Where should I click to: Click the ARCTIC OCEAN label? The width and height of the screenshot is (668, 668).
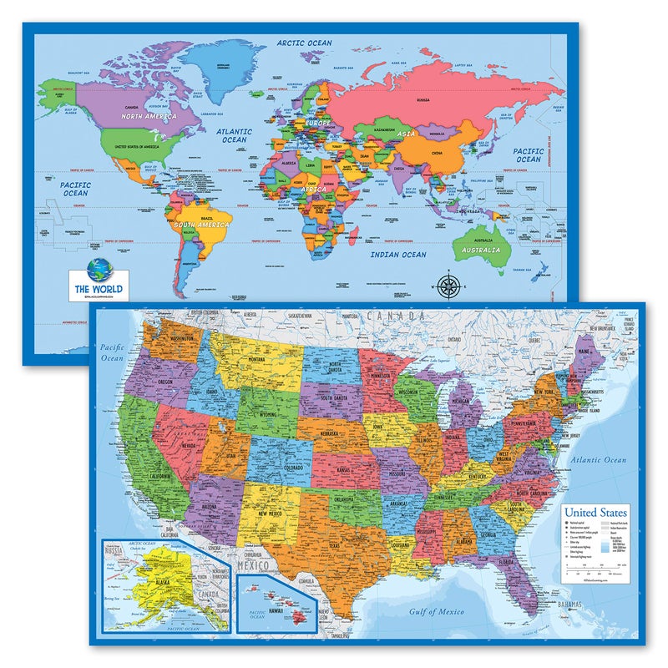pyautogui.click(x=305, y=43)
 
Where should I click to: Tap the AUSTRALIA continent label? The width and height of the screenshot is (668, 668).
pyautogui.click(x=482, y=250)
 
